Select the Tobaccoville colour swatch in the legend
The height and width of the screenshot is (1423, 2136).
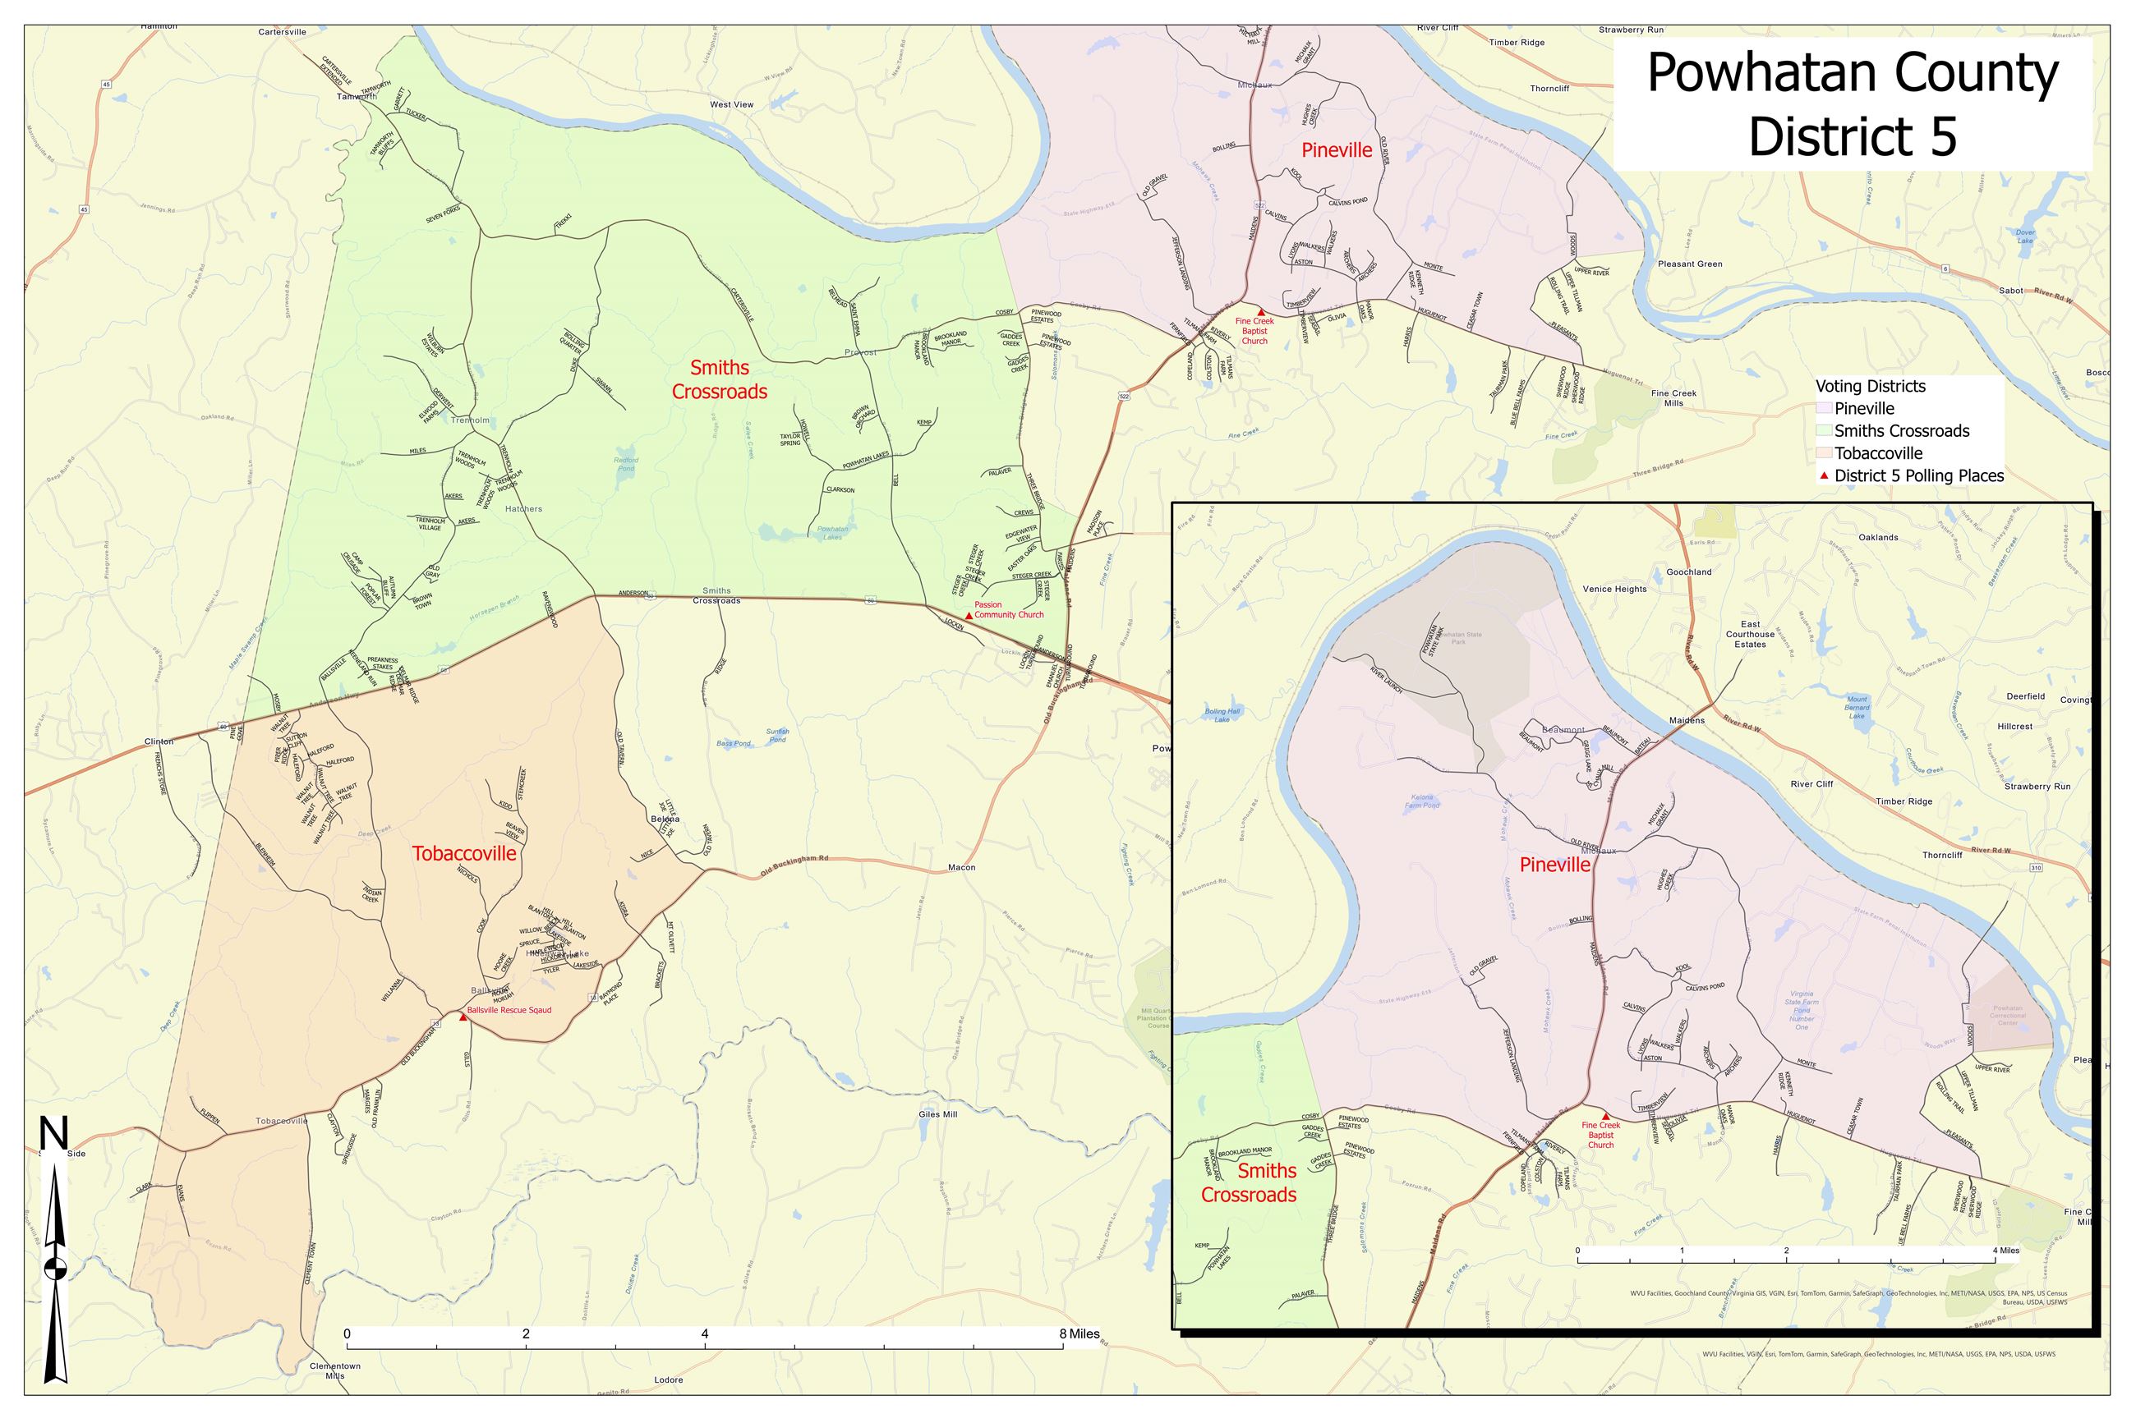(x=1824, y=453)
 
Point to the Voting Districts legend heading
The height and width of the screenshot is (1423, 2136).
(x=1870, y=387)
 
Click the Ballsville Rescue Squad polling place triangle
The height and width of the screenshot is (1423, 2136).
(x=463, y=1017)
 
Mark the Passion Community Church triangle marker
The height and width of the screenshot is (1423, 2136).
(x=968, y=614)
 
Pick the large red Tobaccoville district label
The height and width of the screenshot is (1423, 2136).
(x=464, y=853)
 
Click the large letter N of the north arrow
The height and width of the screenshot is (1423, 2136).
(x=53, y=1136)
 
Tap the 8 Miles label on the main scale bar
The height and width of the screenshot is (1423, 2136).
(x=1078, y=1334)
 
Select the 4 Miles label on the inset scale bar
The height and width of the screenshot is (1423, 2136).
(x=2006, y=1251)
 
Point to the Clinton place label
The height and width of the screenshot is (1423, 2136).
(x=159, y=741)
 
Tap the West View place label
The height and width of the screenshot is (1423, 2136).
(x=732, y=104)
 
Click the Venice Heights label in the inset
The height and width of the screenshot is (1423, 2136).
(x=1614, y=589)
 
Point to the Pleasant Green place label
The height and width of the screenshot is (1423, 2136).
(x=1689, y=264)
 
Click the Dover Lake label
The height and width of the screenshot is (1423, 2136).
(x=2018, y=236)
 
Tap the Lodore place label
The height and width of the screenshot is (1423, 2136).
(x=668, y=1380)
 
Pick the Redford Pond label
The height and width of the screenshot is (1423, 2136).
(x=625, y=465)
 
